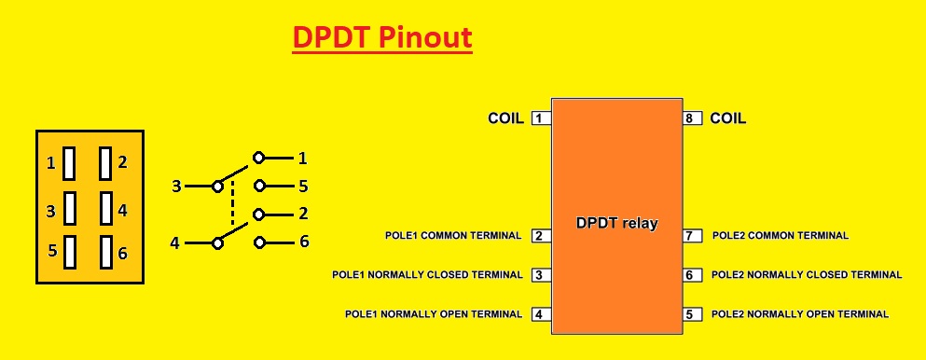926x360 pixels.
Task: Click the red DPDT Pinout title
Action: (382, 37)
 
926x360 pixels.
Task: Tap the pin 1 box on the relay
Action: (540, 118)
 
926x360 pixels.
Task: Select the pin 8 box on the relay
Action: (692, 118)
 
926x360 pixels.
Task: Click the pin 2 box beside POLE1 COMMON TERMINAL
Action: (540, 236)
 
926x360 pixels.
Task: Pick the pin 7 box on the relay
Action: (692, 236)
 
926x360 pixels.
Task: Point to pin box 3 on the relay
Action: (540, 275)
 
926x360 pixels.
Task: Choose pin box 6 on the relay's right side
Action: (692, 275)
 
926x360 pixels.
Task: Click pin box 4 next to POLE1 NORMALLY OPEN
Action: (540, 314)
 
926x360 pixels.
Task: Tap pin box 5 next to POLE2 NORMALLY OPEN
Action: (692, 314)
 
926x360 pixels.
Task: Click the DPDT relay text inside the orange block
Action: (616, 224)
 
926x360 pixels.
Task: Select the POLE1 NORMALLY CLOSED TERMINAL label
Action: (427, 275)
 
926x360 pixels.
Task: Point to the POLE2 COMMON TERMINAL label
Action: (781, 236)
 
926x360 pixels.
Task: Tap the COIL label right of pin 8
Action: (728, 118)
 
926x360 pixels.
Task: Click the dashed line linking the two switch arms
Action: (232, 201)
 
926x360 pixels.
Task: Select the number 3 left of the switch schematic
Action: (175, 187)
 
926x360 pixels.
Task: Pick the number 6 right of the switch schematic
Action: (303, 242)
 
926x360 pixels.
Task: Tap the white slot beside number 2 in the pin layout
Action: (105, 162)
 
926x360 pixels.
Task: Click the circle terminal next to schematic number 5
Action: (259, 187)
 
